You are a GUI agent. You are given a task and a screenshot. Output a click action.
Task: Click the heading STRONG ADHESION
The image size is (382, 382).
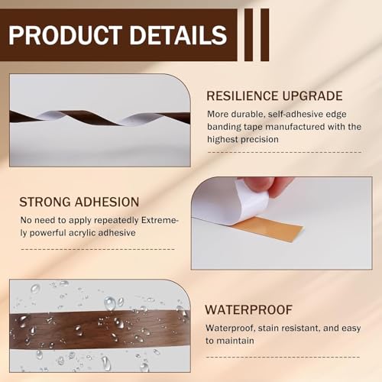tap(79, 202)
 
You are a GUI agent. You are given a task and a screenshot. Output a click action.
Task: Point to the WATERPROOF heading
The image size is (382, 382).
tap(248, 310)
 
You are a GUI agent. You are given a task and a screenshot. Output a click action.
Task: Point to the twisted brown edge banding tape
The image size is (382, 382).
tap(99, 118)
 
